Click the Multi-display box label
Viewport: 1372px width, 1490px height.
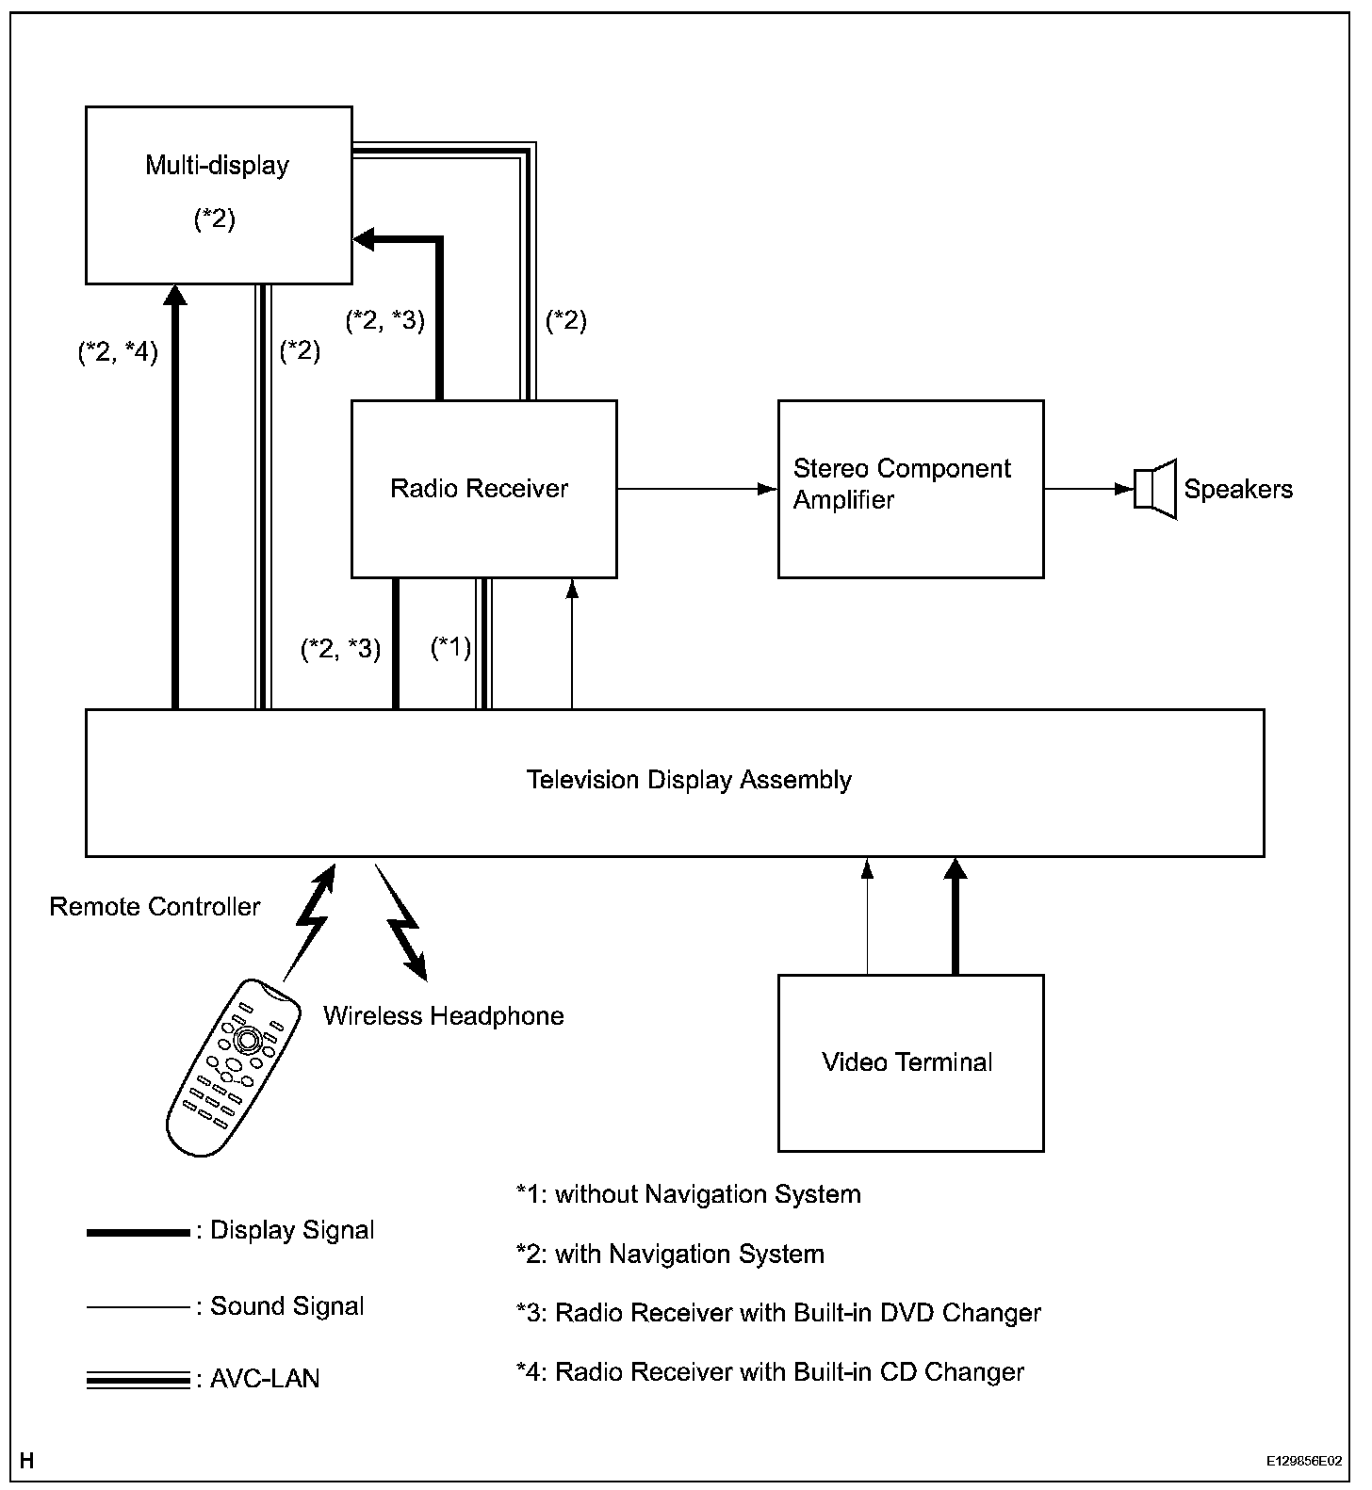point(217,166)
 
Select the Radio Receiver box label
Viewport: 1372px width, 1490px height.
point(479,489)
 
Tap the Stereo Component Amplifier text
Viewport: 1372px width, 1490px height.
point(902,484)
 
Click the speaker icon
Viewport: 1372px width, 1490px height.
point(1155,489)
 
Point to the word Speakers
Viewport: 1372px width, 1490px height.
point(1238,490)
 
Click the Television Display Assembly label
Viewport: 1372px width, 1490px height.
point(689,780)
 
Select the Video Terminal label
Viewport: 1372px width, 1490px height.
point(907,1062)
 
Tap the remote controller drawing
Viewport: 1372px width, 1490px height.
point(233,1066)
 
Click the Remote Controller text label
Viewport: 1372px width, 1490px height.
point(155,907)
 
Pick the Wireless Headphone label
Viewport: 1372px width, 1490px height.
point(444,1016)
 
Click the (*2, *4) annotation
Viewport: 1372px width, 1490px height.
point(118,352)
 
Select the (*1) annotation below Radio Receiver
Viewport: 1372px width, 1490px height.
point(450,648)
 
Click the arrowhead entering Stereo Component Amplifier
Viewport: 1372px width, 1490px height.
point(768,489)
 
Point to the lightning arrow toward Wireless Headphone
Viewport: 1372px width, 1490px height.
point(400,921)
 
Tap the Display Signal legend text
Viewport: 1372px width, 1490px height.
point(292,1231)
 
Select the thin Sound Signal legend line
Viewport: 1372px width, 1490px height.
point(139,1307)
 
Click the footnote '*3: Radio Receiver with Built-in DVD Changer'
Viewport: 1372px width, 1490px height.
point(778,1313)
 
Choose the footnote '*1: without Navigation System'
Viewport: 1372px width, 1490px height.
point(688,1195)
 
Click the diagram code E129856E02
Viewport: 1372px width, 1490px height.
point(1304,1461)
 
